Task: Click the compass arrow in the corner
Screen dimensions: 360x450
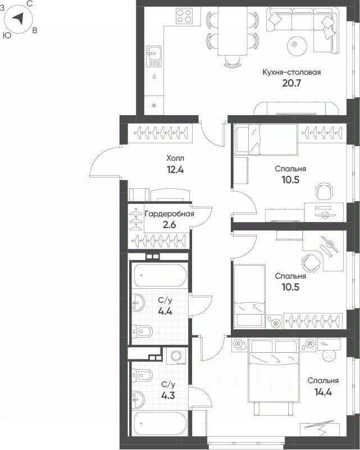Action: tap(19, 19)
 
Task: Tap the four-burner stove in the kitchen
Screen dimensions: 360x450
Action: tap(184, 16)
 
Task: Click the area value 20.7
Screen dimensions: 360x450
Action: tap(291, 83)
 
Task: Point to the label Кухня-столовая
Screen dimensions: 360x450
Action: tap(291, 72)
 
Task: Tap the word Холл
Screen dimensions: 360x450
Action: tap(175, 158)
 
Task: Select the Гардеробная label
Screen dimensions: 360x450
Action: tap(170, 214)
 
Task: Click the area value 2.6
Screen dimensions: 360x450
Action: tap(169, 224)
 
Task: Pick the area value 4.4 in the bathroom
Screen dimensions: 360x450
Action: tap(165, 311)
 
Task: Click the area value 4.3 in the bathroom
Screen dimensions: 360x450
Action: tap(168, 396)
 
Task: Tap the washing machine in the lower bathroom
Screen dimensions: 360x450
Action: tap(176, 356)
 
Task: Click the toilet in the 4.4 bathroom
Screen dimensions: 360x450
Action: tap(142, 331)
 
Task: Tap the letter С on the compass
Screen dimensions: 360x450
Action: tap(29, 3)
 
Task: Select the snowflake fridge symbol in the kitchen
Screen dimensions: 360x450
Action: tap(154, 105)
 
